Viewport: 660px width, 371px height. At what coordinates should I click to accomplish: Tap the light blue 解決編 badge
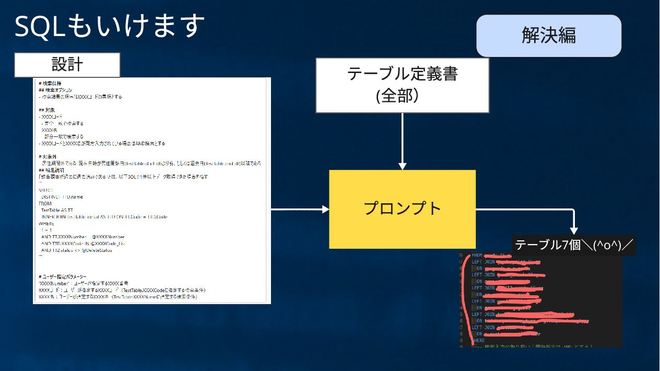click(548, 36)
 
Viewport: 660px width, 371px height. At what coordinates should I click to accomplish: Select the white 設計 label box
click(67, 65)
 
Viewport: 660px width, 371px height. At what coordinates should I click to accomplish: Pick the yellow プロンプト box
click(402, 209)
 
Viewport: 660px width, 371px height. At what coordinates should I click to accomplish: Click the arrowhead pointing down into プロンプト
click(402, 166)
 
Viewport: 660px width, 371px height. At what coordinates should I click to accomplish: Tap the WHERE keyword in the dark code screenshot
click(478, 340)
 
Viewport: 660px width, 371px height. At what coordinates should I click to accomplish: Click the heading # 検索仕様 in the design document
click(50, 84)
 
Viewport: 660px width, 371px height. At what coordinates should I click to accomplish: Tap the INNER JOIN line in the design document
click(104, 217)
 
